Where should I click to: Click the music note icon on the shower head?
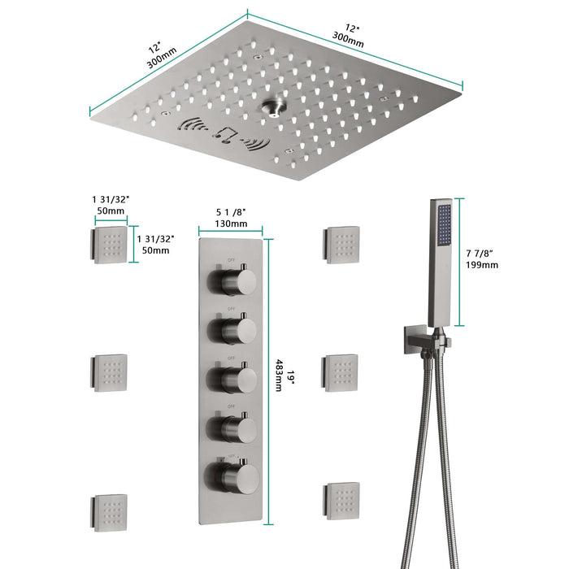click(x=221, y=132)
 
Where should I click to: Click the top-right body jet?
click(x=341, y=244)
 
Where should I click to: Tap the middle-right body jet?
click(x=341, y=372)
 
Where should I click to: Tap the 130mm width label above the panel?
click(x=231, y=224)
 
